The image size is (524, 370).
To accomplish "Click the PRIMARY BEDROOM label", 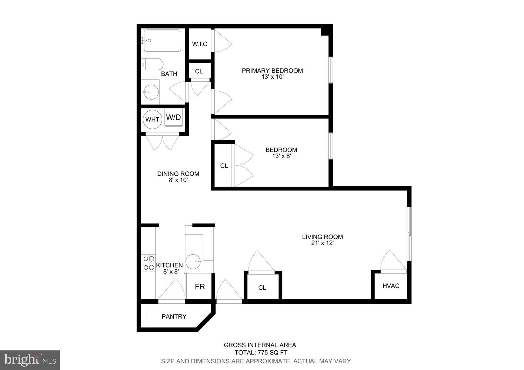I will point(272,71).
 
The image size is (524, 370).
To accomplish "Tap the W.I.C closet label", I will point(200,44).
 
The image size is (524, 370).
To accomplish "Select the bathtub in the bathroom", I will point(162,41).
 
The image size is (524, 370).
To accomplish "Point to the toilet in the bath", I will point(152,64).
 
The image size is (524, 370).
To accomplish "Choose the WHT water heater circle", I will point(152,120).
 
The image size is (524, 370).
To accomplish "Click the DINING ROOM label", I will point(178,174).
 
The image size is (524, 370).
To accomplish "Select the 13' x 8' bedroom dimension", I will point(281,156).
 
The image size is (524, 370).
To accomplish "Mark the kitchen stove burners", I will point(149,263).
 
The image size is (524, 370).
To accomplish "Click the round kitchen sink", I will point(193,262).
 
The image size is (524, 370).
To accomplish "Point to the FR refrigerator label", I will point(200,286).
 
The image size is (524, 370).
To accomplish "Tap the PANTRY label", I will point(174,317).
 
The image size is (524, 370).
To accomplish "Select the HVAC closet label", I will point(391,286).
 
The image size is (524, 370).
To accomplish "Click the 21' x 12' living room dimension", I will point(323,243).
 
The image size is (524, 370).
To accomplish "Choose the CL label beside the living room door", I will point(262,288).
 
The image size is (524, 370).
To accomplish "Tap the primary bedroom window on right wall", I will point(331,70).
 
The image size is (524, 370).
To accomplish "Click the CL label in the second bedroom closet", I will point(224,166).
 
